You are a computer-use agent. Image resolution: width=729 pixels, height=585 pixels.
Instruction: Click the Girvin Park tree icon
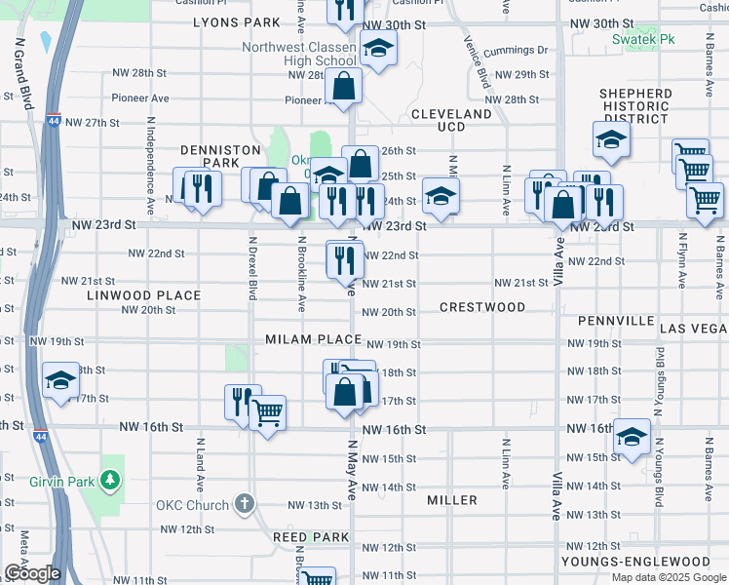point(112,479)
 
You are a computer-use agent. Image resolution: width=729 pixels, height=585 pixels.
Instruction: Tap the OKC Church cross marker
point(244,505)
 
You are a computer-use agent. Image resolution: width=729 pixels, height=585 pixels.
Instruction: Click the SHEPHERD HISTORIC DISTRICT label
point(635,106)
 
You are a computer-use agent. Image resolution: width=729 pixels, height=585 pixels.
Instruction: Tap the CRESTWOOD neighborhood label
point(482,307)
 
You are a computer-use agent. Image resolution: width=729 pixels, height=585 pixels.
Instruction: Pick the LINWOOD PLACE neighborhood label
point(143,294)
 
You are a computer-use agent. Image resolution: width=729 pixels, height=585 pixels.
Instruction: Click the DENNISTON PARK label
point(220,156)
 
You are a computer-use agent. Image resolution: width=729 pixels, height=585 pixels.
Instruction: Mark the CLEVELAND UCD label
point(451,121)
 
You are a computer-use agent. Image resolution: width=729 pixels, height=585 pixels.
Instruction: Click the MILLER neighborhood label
point(452,500)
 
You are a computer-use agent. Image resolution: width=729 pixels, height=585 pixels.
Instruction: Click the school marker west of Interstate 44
point(60,379)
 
